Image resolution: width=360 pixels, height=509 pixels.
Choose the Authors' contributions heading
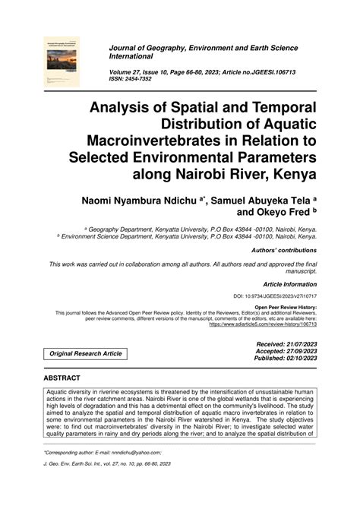tap(286, 250)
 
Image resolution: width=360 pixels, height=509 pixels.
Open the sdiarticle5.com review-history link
tap(262, 324)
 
